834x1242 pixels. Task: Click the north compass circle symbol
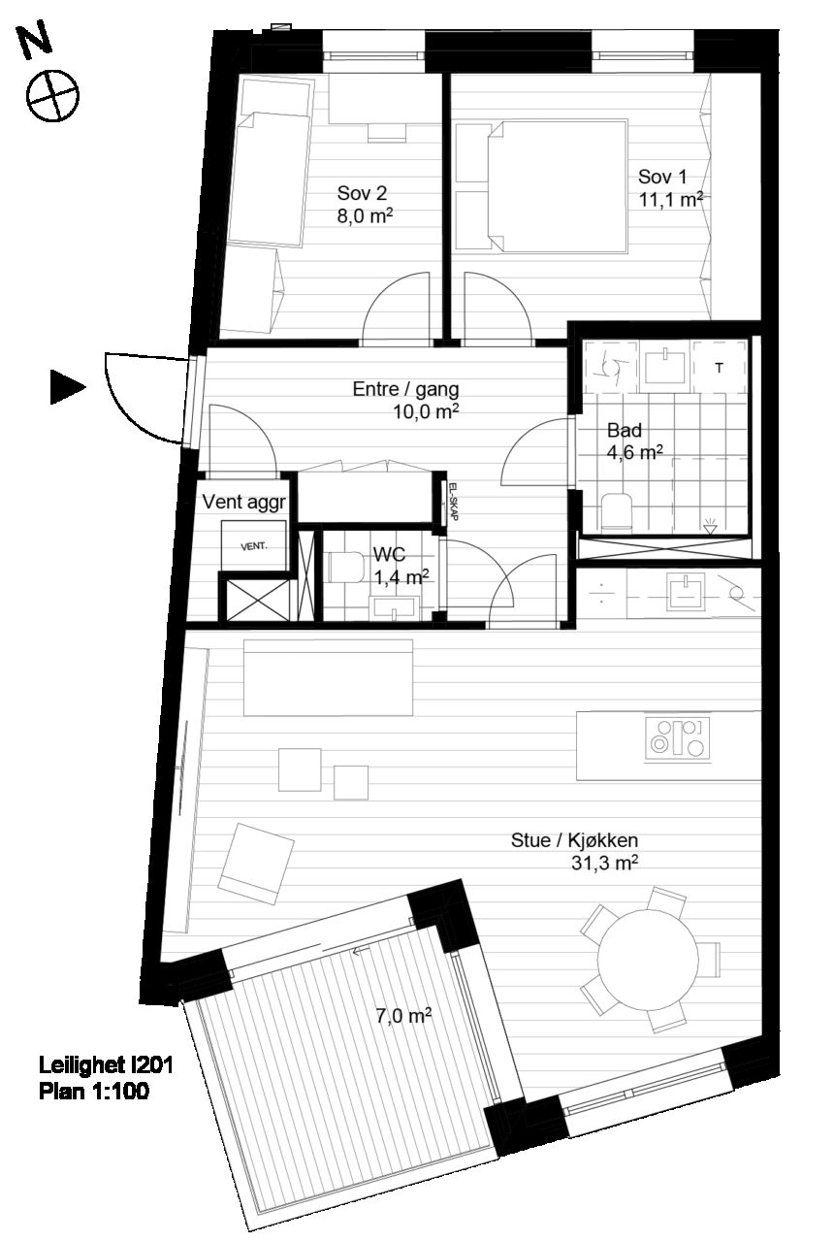(53, 95)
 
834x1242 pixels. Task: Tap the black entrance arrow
(68, 386)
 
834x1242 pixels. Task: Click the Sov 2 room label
(362, 193)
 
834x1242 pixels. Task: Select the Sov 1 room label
(662, 177)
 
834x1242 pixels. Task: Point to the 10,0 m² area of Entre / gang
(426, 412)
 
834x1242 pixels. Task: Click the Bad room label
(625, 430)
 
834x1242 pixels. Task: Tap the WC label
(389, 554)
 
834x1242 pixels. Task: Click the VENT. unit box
(254, 545)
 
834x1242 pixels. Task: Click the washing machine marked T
(720, 367)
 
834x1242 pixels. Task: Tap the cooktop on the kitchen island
(678, 739)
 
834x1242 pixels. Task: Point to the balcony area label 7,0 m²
(404, 1016)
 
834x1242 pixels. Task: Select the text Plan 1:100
(94, 1092)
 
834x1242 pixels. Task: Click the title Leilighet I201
(106, 1065)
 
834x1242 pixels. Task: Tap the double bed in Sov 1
(558, 187)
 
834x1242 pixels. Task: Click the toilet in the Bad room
(616, 509)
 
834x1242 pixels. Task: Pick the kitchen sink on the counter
(687, 592)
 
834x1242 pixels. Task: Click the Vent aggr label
(243, 503)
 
